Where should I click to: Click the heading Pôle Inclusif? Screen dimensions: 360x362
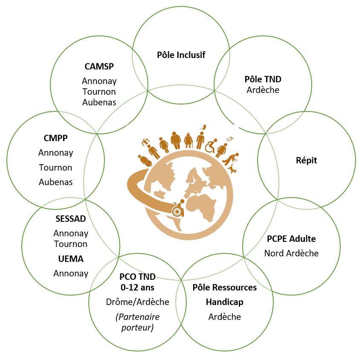coord(181,55)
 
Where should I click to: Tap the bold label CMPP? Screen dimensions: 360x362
coord(55,138)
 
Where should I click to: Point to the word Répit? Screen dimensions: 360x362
coord(306,160)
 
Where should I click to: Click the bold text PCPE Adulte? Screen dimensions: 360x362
coord(291,239)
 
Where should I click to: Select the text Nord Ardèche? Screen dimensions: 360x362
coord(291,253)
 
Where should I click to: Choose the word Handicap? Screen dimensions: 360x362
coord(224,302)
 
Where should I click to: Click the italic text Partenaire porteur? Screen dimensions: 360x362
coord(137,322)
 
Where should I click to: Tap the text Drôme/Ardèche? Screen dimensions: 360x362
coord(137,302)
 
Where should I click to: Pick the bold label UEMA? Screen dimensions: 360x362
coord(71,259)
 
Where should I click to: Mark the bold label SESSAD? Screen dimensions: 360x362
coord(71,219)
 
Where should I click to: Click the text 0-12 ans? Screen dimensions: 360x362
coord(137,287)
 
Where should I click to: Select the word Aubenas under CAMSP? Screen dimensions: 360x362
coord(99,102)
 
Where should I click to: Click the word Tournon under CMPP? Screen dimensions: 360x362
coord(55,167)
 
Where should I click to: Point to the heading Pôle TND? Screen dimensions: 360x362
coord(263,79)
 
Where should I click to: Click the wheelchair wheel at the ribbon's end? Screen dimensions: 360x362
coord(177,211)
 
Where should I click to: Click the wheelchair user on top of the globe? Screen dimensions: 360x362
coord(211,146)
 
